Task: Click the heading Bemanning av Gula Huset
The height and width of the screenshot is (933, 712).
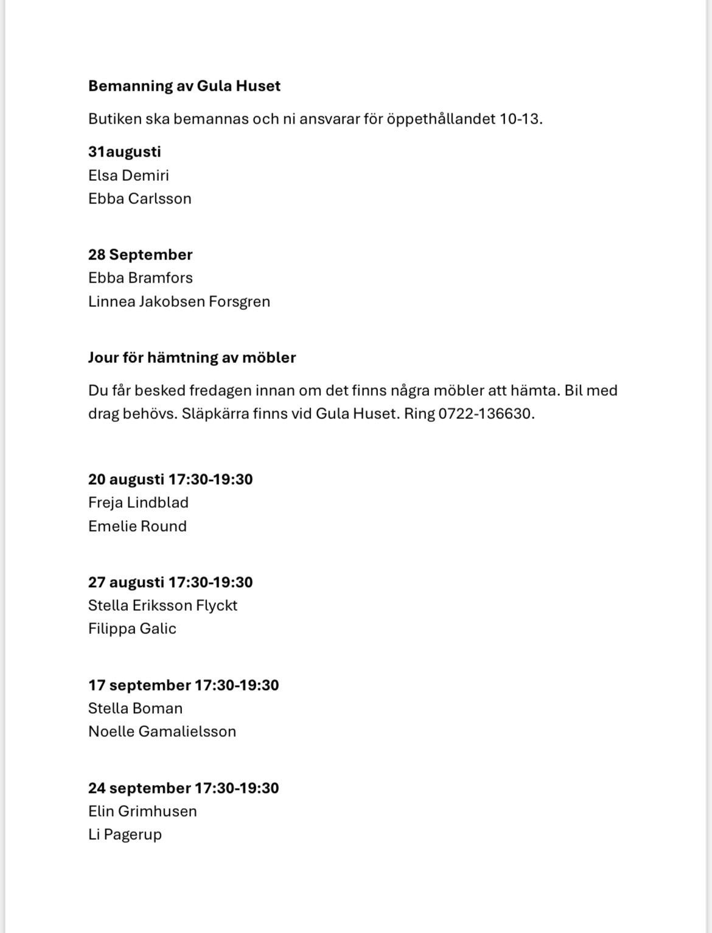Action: pyautogui.click(x=184, y=86)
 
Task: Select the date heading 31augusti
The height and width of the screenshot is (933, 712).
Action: pyautogui.click(x=124, y=152)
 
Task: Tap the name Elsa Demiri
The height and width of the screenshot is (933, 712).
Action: pyautogui.click(x=128, y=175)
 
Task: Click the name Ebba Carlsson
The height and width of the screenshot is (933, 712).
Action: pyautogui.click(x=139, y=199)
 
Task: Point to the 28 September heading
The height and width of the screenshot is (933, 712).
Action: pyautogui.click(x=140, y=255)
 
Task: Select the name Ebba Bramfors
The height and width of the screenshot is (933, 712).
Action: pyautogui.click(x=140, y=278)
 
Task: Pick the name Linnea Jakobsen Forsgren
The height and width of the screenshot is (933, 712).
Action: pyautogui.click(x=179, y=301)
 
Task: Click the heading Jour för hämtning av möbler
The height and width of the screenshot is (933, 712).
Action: pyautogui.click(x=192, y=357)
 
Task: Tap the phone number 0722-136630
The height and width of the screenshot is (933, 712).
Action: pyautogui.click(x=485, y=414)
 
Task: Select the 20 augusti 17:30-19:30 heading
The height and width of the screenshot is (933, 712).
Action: pyautogui.click(x=170, y=479)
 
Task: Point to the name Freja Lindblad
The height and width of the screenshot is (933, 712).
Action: pyautogui.click(x=138, y=502)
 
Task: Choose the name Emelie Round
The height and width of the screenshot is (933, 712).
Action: pyautogui.click(x=137, y=526)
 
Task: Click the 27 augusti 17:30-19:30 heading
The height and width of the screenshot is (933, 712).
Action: pyautogui.click(x=170, y=582)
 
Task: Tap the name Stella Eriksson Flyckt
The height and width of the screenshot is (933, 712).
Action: pyautogui.click(x=162, y=605)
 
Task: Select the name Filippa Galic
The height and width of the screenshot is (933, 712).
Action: pyautogui.click(x=132, y=628)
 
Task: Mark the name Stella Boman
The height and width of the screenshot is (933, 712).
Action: pyautogui.click(x=135, y=708)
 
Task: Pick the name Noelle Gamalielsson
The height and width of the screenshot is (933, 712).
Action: pyautogui.click(x=162, y=731)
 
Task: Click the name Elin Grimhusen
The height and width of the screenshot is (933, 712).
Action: pyautogui.click(x=142, y=811)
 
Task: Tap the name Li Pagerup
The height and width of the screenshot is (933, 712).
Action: pyautogui.click(x=125, y=834)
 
